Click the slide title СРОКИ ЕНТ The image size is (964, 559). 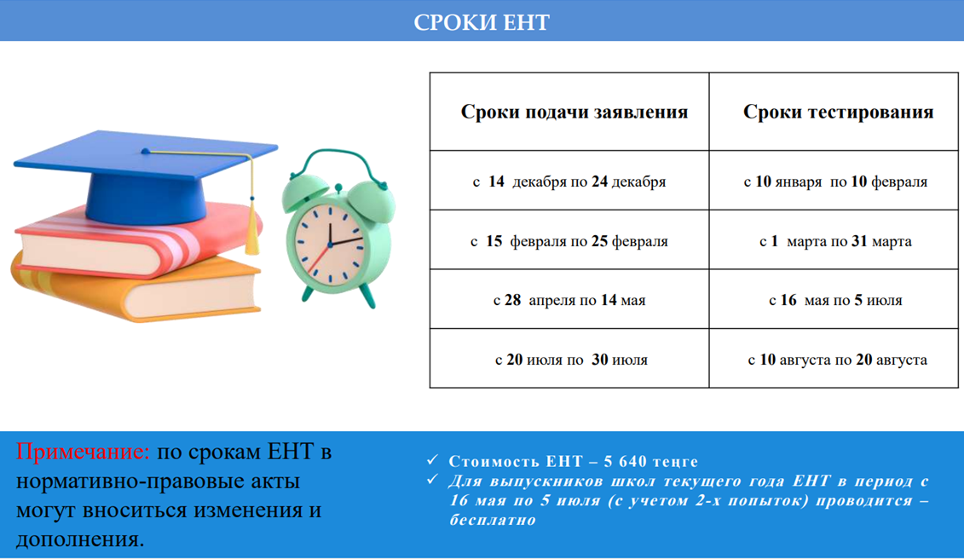[x=482, y=22]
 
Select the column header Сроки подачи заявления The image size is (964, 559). [x=574, y=112]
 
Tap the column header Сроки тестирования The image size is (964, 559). [x=838, y=112]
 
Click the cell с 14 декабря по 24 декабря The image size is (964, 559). [x=569, y=182]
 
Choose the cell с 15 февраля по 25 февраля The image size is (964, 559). [x=569, y=241]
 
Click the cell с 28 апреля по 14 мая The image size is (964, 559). [x=569, y=300]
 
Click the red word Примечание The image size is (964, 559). [x=83, y=452]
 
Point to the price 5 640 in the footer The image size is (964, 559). [x=625, y=461]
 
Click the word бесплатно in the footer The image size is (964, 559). [x=493, y=521]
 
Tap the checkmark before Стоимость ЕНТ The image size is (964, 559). [x=433, y=460]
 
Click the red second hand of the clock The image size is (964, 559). [x=319, y=260]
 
